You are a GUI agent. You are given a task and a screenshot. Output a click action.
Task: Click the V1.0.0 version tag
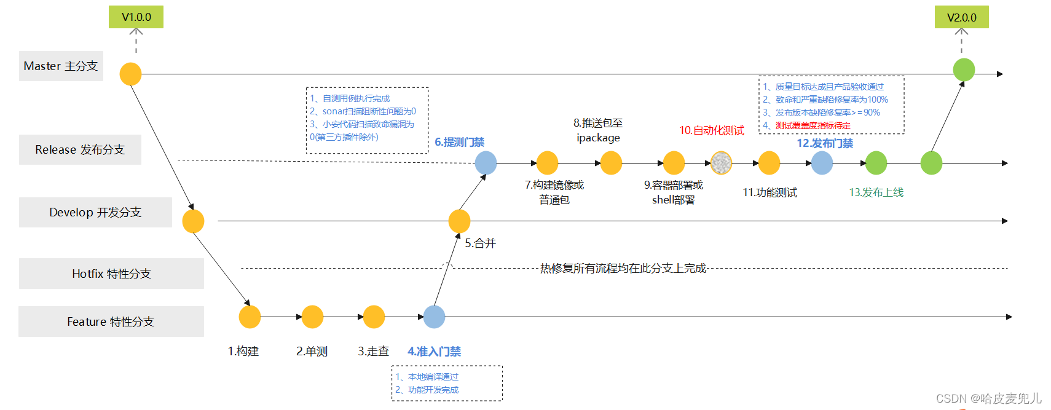point(136,17)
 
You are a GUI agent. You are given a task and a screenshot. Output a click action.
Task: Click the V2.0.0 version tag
point(961,17)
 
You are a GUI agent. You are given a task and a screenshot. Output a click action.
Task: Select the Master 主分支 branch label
point(61,66)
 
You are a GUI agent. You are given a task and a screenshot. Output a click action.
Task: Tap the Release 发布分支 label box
point(80,149)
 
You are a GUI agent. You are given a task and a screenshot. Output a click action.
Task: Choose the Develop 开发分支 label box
point(95,212)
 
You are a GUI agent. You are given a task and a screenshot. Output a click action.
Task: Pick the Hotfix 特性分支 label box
point(111,274)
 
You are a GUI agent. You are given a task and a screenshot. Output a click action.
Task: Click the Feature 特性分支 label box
point(111,321)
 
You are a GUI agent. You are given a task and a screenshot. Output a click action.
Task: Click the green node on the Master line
point(963,69)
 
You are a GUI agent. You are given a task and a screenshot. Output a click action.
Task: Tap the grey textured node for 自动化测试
point(721,163)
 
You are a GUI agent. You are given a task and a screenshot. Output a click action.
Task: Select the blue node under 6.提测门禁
point(486,163)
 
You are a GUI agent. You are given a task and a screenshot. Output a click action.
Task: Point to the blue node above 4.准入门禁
point(434,317)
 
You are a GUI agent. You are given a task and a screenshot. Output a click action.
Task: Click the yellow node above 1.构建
point(250,317)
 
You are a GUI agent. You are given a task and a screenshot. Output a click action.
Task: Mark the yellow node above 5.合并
point(459,221)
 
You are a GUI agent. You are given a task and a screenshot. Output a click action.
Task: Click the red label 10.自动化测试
point(711,130)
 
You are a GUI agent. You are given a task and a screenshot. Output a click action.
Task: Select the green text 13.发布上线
point(876,192)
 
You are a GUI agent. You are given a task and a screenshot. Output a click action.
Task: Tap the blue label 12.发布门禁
point(825,143)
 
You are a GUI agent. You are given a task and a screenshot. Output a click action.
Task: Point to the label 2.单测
point(312,351)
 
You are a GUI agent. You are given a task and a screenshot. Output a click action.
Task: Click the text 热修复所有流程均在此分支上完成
point(623,268)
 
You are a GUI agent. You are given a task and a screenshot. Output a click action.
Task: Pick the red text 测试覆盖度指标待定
point(813,125)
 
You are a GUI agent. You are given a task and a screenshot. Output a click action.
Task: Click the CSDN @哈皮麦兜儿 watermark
point(988,398)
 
